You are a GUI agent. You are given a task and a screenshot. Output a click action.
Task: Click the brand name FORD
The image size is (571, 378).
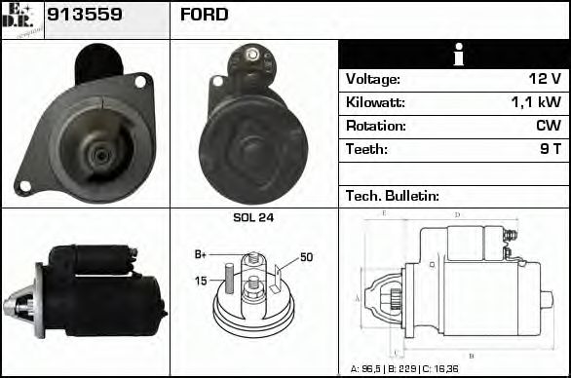(x=204, y=16)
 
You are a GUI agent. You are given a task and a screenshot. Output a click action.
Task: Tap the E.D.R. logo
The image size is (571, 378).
(x=21, y=19)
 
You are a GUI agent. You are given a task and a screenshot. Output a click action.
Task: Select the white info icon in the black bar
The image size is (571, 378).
(x=453, y=55)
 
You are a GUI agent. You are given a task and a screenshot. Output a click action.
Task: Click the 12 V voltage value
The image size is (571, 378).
(x=542, y=80)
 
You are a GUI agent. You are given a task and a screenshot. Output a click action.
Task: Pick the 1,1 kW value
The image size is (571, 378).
(x=536, y=102)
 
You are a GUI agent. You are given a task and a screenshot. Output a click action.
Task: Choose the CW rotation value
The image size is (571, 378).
(x=547, y=126)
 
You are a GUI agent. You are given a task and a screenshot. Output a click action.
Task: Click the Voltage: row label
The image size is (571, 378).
(x=373, y=80)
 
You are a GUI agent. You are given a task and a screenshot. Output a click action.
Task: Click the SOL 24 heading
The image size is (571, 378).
(x=253, y=218)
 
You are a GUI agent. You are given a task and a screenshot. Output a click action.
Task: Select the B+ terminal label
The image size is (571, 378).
(x=201, y=254)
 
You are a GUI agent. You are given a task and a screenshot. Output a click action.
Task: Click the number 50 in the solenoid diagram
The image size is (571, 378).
(x=306, y=257)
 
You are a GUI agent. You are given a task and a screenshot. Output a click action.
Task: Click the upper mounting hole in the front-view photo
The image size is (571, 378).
(x=140, y=82)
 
